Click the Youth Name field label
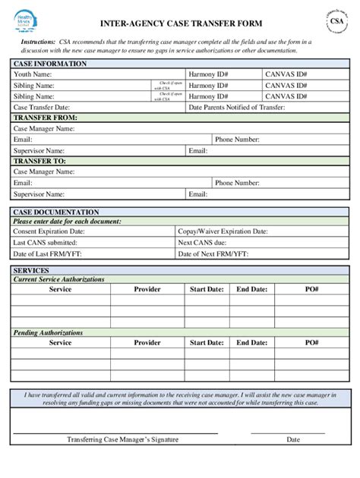33,75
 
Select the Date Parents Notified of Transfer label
236,108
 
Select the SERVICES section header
31,270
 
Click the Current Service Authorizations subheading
58,279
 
